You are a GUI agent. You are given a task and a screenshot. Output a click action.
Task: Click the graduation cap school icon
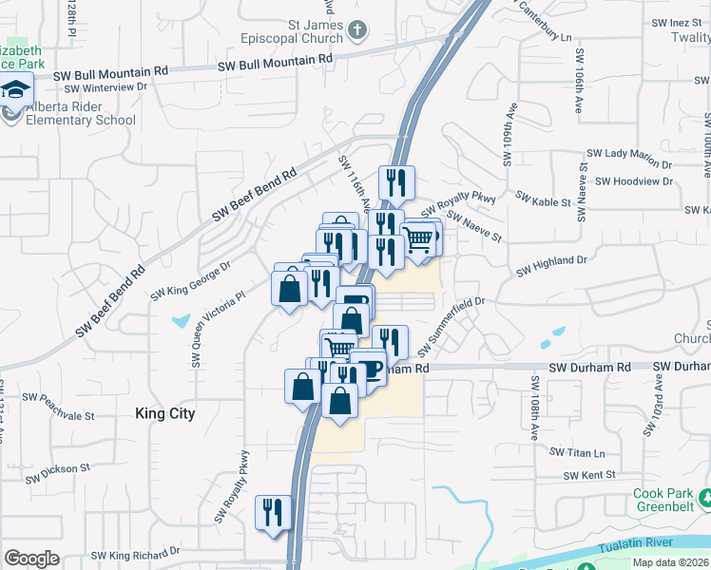pyautogui.click(x=15, y=91)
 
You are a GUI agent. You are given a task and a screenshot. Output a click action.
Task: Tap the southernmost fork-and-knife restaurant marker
pyautogui.click(x=274, y=513)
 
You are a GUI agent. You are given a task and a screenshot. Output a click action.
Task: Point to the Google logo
pyautogui.click(x=31, y=558)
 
